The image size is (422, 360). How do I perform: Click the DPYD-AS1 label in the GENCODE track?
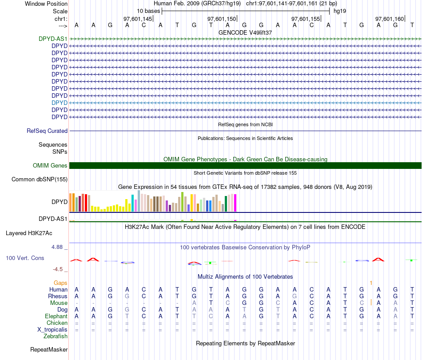click(53, 39)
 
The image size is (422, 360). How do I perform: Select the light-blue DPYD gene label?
click(60, 103)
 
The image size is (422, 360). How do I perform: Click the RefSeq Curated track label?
click(47, 131)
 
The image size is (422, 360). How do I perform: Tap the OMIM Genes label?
click(50, 166)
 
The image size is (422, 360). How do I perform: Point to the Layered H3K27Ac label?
click(29, 233)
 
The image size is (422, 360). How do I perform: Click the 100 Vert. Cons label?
click(25, 258)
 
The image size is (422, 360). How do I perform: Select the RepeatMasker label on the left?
click(49, 350)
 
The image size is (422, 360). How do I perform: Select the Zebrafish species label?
click(56, 336)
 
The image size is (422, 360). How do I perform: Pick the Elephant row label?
click(56, 316)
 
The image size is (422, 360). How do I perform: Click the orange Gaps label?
click(60, 283)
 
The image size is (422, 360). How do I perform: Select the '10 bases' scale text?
click(148, 11)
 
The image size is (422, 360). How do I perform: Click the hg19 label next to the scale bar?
click(340, 11)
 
